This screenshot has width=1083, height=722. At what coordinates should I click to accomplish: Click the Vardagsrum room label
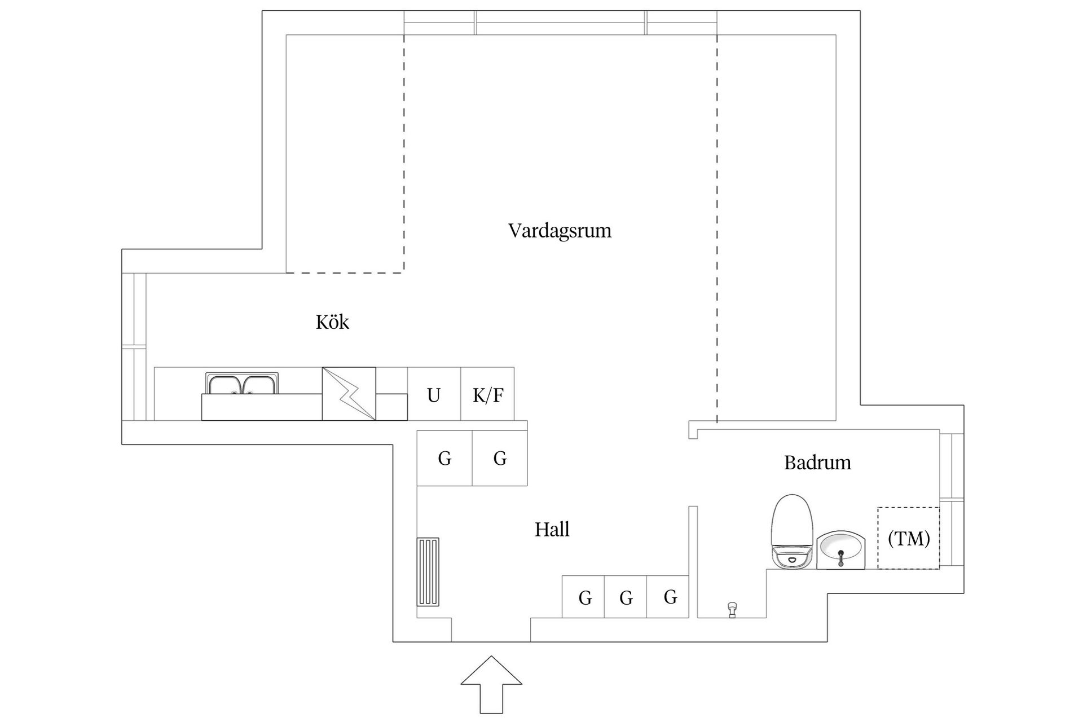pyautogui.click(x=560, y=231)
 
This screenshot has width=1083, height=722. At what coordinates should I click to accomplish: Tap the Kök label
pyautogui.click(x=332, y=322)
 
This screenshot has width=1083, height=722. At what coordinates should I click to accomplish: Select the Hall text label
pyautogui.click(x=552, y=530)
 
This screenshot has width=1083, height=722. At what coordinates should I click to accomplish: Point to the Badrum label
pyautogui.click(x=817, y=463)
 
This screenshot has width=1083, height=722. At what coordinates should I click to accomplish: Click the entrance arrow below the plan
pyautogui.click(x=491, y=684)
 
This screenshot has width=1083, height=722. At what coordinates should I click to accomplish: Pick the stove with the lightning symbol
pyautogui.click(x=349, y=394)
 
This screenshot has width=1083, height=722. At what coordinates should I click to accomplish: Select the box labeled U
pyautogui.click(x=434, y=394)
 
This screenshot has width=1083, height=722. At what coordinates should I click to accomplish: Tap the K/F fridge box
pyautogui.click(x=487, y=394)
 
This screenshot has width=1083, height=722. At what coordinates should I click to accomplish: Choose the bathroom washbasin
pyautogui.click(x=840, y=550)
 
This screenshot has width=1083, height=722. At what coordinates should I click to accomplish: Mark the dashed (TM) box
pyautogui.click(x=908, y=538)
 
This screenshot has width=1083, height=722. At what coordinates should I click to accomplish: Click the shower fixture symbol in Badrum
pyautogui.click(x=732, y=609)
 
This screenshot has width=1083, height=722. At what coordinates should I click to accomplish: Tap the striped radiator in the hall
pyautogui.click(x=428, y=572)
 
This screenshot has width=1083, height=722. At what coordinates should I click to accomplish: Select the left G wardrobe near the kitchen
pyautogui.click(x=444, y=457)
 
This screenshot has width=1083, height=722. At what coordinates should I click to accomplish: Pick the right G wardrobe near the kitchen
pyautogui.click(x=500, y=457)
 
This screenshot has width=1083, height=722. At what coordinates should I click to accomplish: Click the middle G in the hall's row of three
pyautogui.click(x=625, y=597)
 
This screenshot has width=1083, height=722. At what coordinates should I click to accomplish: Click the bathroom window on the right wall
pyautogui.click(x=952, y=499)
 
